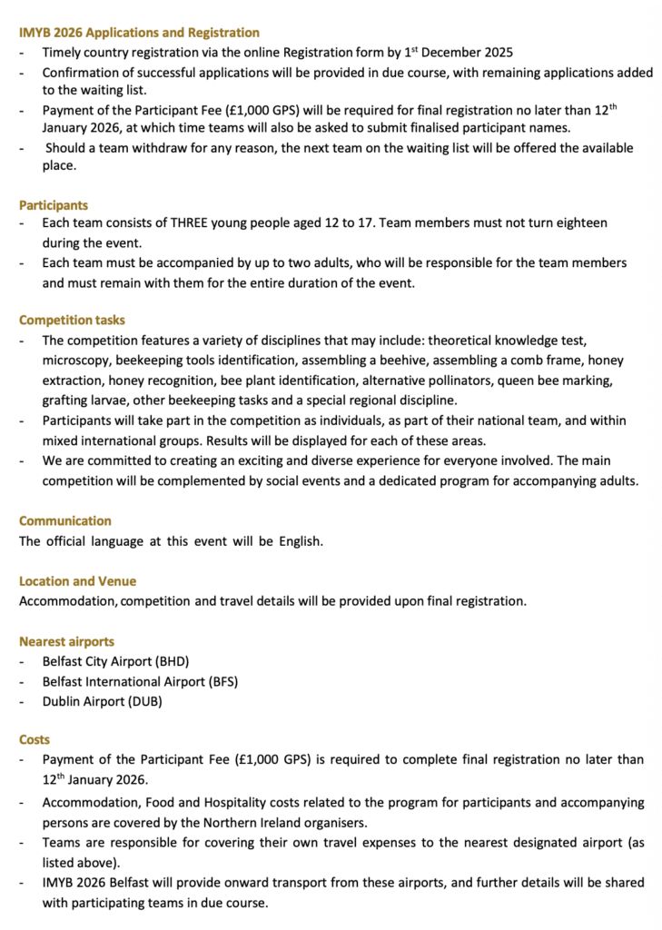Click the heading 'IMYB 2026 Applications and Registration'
(x=139, y=33)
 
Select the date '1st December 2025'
(x=458, y=53)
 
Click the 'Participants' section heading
(x=54, y=205)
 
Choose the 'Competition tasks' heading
(x=72, y=320)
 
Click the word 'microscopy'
(x=74, y=361)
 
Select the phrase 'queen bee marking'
(x=572, y=381)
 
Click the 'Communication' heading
(x=65, y=521)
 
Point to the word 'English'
(x=297, y=542)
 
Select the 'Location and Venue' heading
(x=77, y=581)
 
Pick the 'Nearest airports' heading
(x=66, y=641)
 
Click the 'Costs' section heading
(x=35, y=740)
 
